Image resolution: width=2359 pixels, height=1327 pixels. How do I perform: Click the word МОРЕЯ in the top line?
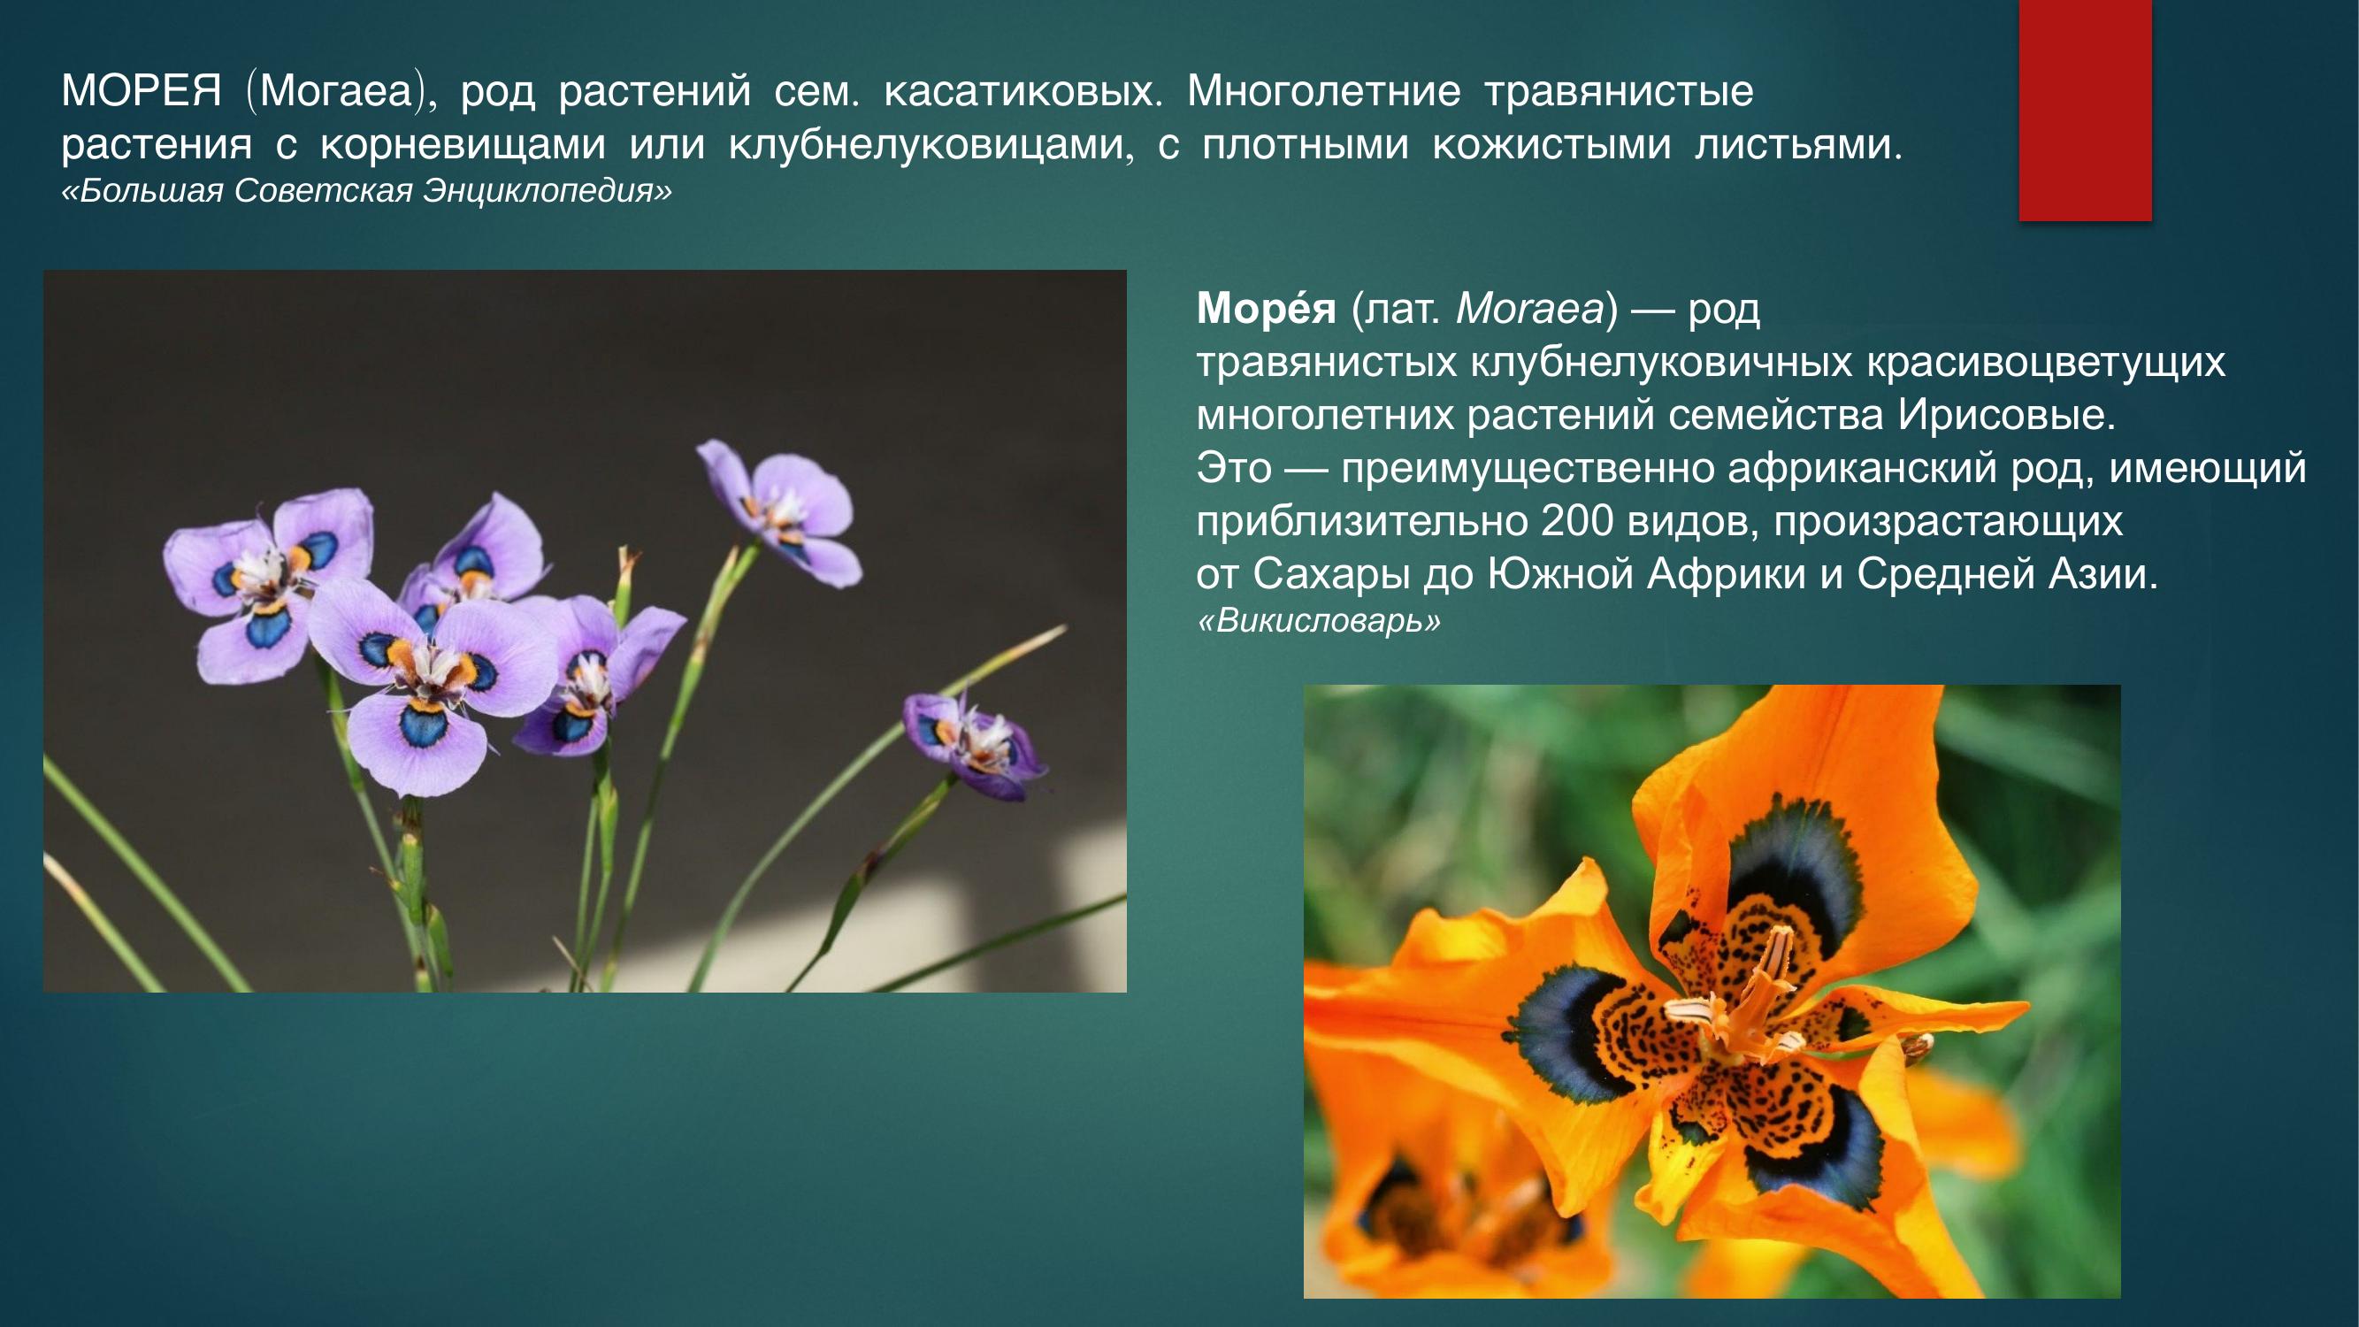click(141, 90)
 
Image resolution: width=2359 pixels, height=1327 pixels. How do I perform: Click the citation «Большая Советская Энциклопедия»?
click(366, 190)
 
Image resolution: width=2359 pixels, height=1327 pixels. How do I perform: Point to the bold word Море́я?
click(1266, 310)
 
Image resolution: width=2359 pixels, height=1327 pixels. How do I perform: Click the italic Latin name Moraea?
click(1529, 310)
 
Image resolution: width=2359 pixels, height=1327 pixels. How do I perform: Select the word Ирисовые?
click(2005, 415)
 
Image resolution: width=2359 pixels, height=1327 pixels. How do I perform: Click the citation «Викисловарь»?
click(1319, 621)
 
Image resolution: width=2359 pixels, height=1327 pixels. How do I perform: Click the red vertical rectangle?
click(2085, 110)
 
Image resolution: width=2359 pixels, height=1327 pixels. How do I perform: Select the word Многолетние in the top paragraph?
click(1323, 90)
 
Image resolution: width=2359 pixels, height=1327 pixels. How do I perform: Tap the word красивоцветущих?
click(2046, 363)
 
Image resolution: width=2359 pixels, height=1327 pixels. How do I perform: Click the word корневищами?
click(463, 145)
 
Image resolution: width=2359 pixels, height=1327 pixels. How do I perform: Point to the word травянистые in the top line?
click(1618, 90)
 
